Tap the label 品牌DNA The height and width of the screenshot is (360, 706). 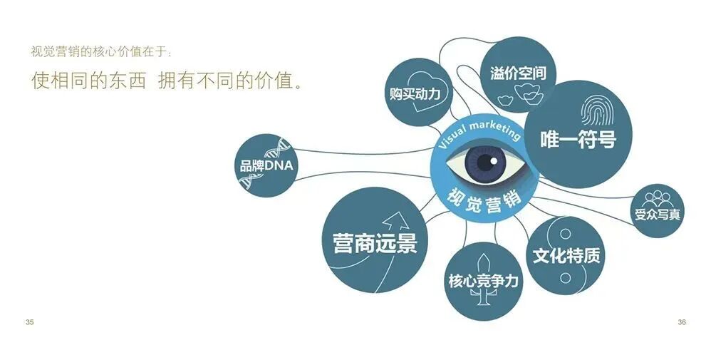point(266,166)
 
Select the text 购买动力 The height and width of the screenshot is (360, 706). point(415,94)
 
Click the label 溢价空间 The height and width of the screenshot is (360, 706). point(519,73)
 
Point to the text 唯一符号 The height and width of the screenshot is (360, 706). point(578,140)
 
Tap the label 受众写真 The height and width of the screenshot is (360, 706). point(657,213)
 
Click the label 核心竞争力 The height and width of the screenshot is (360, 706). point(483,281)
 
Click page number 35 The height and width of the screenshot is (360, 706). point(29,322)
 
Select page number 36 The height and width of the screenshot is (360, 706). point(682,322)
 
